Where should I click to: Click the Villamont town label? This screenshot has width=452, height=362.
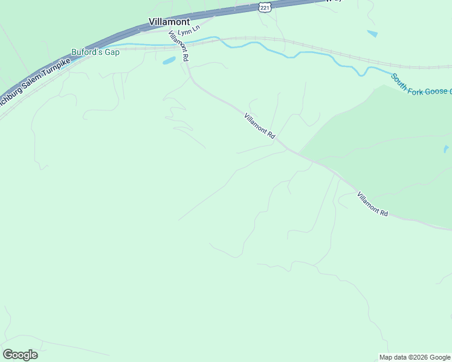pos(169,22)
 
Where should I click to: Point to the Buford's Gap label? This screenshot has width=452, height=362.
pos(95,52)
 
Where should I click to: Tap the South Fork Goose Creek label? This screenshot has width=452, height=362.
pos(421,84)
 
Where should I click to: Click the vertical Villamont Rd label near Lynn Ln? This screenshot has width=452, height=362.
pos(179,46)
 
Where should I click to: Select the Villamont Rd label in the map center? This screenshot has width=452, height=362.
pos(260,127)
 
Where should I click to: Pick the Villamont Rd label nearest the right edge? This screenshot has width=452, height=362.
pos(372,204)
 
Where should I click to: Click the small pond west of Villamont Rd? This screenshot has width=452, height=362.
pos(169,61)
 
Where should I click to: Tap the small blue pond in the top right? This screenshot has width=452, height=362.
pos(372,34)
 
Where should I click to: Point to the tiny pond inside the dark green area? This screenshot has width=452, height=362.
pos(445,148)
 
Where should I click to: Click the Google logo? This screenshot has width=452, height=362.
pos(20,355)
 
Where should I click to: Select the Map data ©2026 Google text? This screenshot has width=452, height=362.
pos(415,357)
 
